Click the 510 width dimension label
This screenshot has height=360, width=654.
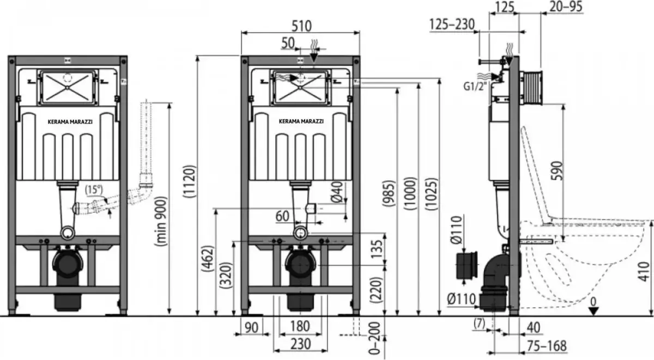[x=301, y=26]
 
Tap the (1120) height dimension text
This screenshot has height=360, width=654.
[x=189, y=181]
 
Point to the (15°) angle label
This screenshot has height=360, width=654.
[x=94, y=190]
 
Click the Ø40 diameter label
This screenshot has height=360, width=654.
[x=337, y=192]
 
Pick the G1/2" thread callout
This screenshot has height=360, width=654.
[x=476, y=87]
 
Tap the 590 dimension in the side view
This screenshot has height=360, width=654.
[x=557, y=170]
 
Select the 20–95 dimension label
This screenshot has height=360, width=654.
[x=566, y=7]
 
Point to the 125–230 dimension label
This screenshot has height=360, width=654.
[x=452, y=25]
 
